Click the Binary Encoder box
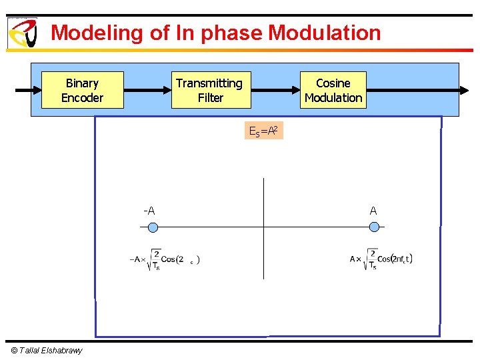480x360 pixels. click(x=82, y=90)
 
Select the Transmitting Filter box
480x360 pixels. click(x=211, y=90)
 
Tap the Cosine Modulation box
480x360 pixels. click(x=333, y=90)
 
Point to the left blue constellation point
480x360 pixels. click(x=153, y=227)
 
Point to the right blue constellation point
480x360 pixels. click(x=374, y=227)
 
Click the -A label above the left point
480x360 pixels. click(x=149, y=211)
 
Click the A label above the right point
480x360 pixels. click(x=373, y=211)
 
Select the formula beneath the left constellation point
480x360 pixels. click(x=163, y=260)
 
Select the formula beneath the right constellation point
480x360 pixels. click(x=381, y=260)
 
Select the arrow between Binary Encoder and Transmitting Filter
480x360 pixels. click(x=147, y=90)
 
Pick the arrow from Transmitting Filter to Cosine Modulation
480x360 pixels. click(x=275, y=90)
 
